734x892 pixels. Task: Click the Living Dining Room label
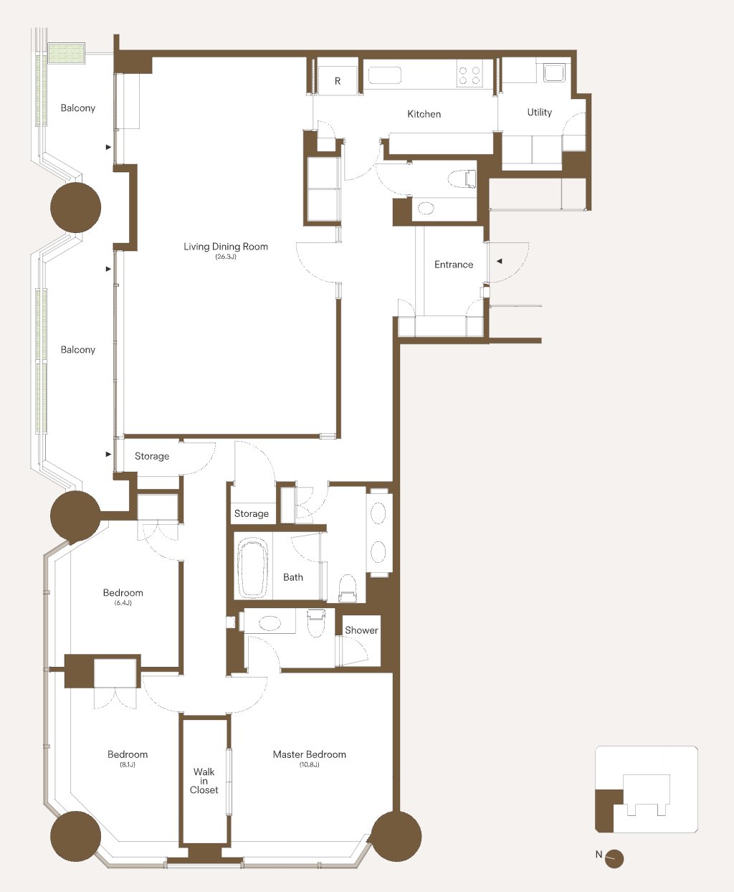(225, 246)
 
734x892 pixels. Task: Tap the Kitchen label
(424, 114)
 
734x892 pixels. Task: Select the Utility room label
(539, 113)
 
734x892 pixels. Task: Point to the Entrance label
(453, 265)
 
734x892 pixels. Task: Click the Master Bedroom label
(309, 754)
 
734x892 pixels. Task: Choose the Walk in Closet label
(204, 780)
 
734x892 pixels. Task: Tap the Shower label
(361, 630)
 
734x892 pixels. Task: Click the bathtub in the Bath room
(252, 567)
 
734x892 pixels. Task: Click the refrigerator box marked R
(338, 80)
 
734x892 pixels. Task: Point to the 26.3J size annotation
(225, 257)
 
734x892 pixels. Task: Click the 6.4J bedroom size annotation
(123, 603)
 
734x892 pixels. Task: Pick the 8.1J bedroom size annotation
(128, 764)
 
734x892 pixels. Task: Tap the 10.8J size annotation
(309, 764)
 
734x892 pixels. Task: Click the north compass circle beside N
(614, 859)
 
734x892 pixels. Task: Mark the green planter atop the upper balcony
(67, 53)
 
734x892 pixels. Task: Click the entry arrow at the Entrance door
(500, 262)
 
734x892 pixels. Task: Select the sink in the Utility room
(554, 72)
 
